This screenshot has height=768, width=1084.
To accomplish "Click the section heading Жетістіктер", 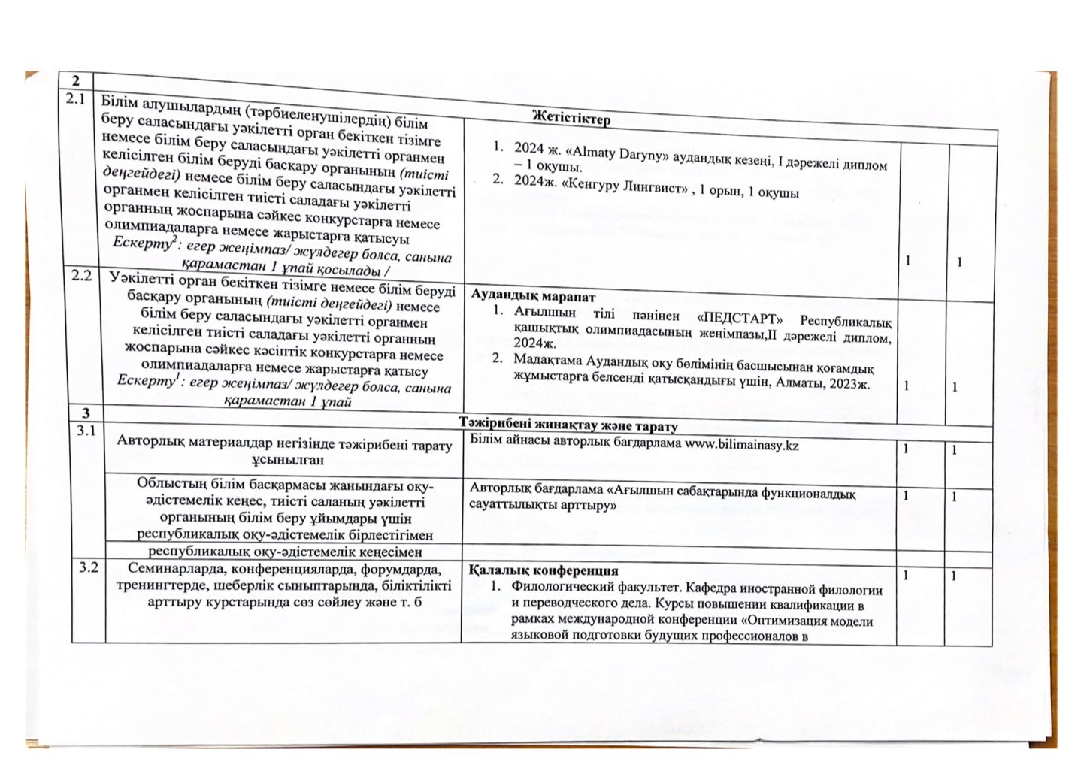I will pyautogui.click(x=570, y=118).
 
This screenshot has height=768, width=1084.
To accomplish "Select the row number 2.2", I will pyautogui.click(x=81, y=276).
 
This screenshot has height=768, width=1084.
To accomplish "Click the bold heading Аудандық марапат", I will pyautogui.click(x=533, y=295).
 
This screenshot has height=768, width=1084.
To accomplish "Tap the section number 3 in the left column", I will pyautogui.click(x=86, y=412).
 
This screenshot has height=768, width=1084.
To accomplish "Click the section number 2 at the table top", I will pyautogui.click(x=75, y=80).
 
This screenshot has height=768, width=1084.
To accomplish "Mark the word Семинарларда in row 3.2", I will pyautogui.click(x=174, y=567).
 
